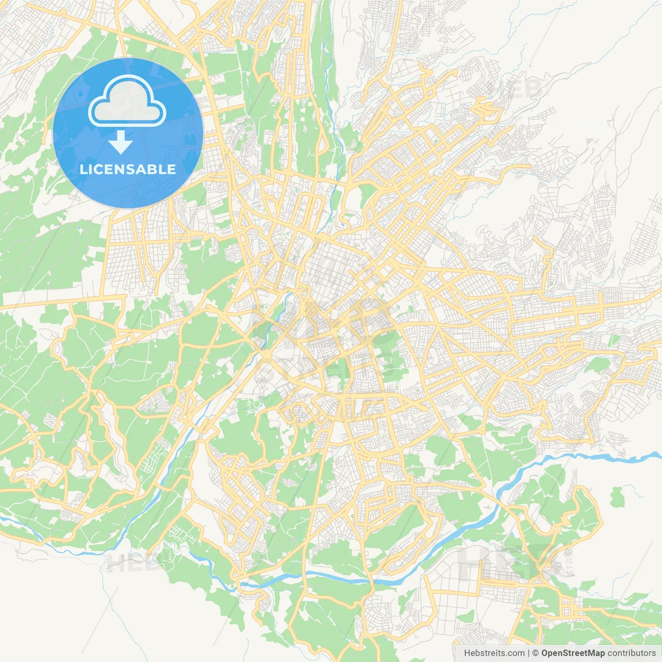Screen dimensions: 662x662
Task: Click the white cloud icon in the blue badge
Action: coord(127,101)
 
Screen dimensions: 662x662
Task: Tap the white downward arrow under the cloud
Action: coord(121,142)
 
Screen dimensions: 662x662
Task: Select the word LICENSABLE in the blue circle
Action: coord(128,169)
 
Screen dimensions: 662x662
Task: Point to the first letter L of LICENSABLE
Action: coord(83,169)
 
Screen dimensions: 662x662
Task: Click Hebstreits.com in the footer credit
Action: coord(494,653)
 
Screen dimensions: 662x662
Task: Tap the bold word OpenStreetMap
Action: coord(573,653)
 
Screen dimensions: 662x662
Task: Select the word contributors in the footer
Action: coord(631,653)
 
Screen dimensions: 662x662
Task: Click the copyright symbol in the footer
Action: coord(536,653)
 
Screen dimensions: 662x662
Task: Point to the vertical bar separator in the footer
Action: coord(529,653)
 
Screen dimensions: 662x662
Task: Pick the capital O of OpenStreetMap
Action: coord(545,653)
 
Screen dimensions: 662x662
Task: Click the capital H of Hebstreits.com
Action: coord(467,653)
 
